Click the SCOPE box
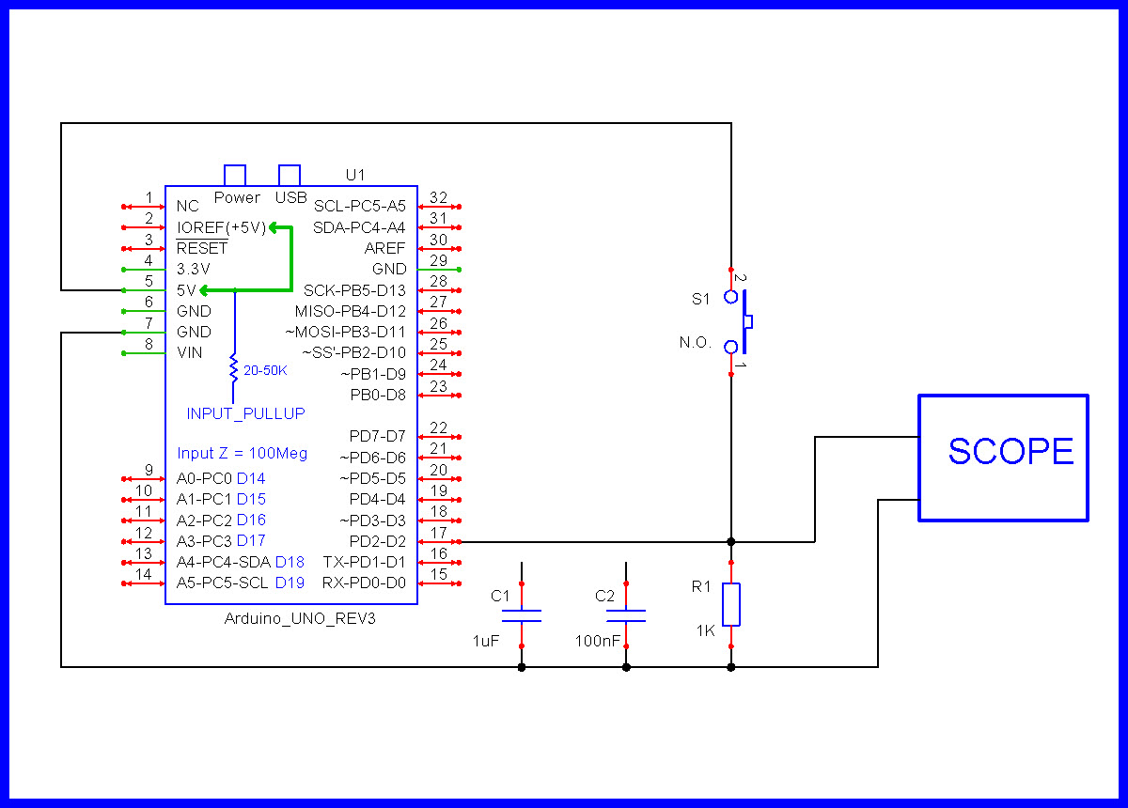coord(1003,458)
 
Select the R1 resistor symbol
coord(731,604)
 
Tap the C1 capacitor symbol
coord(521,615)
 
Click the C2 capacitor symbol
coord(626,615)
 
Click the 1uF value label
coord(486,641)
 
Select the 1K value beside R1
coord(706,630)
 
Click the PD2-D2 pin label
coord(377,541)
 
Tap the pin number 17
coord(438,533)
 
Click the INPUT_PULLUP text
coord(245,413)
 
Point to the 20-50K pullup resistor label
coord(265,371)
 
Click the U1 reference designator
coord(355,175)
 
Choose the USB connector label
coord(290,197)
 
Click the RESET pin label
coord(202,248)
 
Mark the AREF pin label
coord(385,248)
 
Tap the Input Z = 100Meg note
coord(243,453)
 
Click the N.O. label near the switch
coord(696,342)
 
